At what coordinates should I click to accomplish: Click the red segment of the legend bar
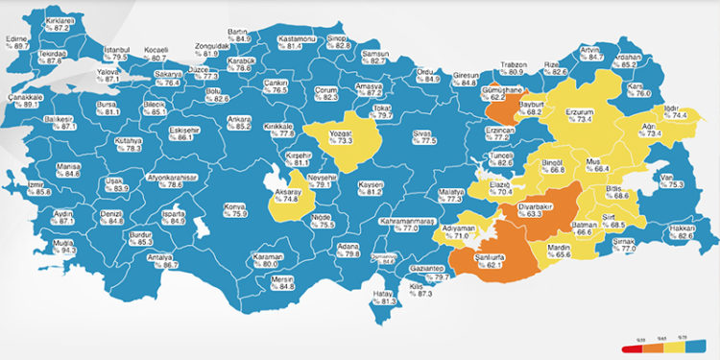(x=638, y=345)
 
